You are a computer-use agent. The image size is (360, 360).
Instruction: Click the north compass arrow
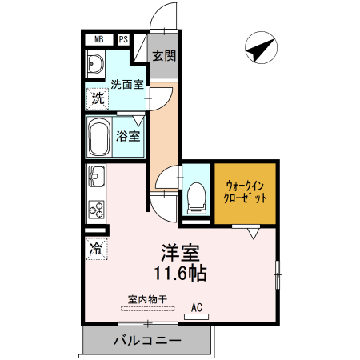(x=258, y=50)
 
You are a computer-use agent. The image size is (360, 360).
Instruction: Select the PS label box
(x=124, y=38)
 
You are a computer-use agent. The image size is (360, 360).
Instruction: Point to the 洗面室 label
(x=126, y=83)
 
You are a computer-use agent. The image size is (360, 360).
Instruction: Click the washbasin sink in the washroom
(x=95, y=65)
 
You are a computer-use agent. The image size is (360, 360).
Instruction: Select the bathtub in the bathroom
(x=100, y=138)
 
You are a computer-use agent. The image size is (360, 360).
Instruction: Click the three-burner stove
(x=96, y=210)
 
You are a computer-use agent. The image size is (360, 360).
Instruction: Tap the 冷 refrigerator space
(x=95, y=248)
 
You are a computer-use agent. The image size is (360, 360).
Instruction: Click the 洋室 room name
(x=182, y=252)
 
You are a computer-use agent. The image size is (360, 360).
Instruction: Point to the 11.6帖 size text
(x=182, y=274)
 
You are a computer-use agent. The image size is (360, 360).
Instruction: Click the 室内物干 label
(x=146, y=299)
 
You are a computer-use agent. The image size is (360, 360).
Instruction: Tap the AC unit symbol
(x=195, y=315)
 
